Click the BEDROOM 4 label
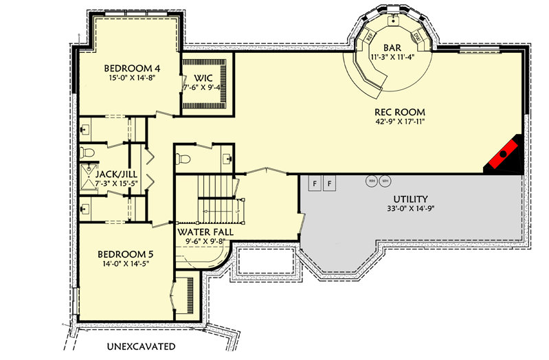(132, 68)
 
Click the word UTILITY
(412, 199)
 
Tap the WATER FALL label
(205, 232)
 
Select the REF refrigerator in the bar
(368, 36)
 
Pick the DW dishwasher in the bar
(417, 36)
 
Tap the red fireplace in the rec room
(504, 157)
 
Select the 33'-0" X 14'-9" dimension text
(412, 209)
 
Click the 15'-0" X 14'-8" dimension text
(132, 79)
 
